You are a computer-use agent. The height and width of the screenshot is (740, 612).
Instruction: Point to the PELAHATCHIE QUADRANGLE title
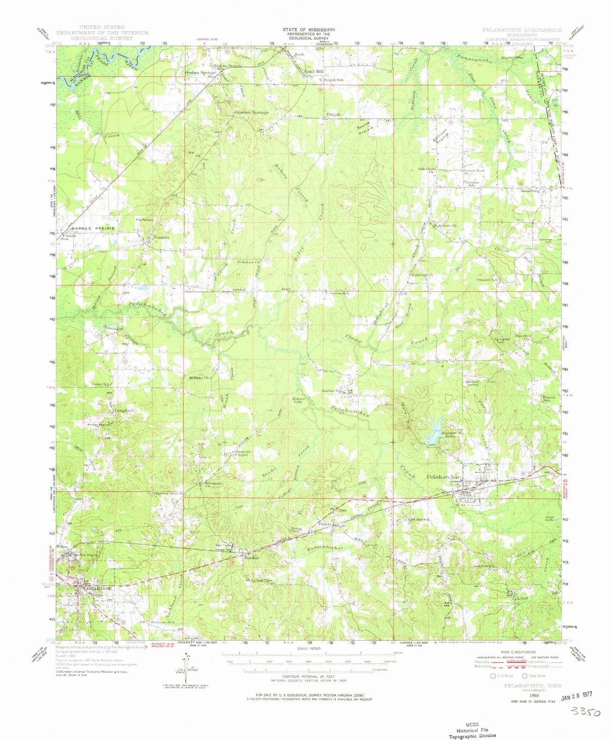(x=522, y=30)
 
